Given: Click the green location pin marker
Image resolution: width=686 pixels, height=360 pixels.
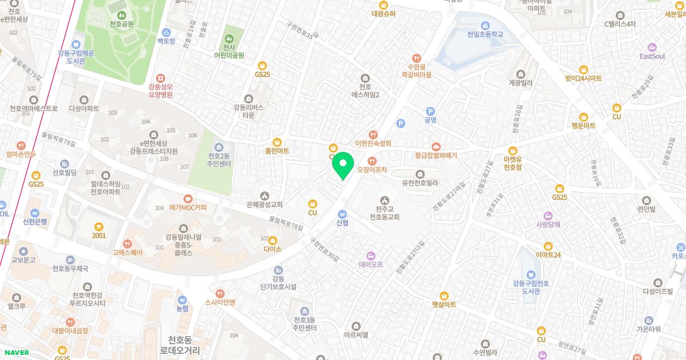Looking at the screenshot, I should click(342, 165).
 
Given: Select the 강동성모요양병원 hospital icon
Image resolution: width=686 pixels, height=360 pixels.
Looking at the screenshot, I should click(160, 78).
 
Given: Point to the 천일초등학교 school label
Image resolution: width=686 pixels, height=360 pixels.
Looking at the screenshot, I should click(485, 34).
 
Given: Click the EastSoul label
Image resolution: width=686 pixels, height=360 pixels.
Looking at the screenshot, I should click(652, 56).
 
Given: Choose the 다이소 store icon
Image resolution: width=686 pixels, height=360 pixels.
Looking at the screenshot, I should click(273, 241).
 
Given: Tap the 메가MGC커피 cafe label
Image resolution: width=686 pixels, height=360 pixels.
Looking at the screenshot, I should click(188, 207).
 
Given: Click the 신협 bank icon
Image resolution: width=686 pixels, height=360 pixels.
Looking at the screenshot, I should click(342, 213).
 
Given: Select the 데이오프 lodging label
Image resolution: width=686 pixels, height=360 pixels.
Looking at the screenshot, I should click(371, 265).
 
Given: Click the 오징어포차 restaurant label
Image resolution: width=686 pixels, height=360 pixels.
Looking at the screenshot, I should click(372, 170).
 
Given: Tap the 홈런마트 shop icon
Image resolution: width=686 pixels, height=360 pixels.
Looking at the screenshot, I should click(277, 142).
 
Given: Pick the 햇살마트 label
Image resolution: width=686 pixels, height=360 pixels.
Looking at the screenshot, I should click(444, 305).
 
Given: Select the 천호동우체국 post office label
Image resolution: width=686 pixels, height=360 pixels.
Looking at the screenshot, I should click(70, 269).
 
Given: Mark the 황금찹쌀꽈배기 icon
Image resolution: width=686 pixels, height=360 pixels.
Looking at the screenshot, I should click(437, 146).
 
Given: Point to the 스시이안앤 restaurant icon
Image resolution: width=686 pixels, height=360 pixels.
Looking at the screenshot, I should click(220, 293).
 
